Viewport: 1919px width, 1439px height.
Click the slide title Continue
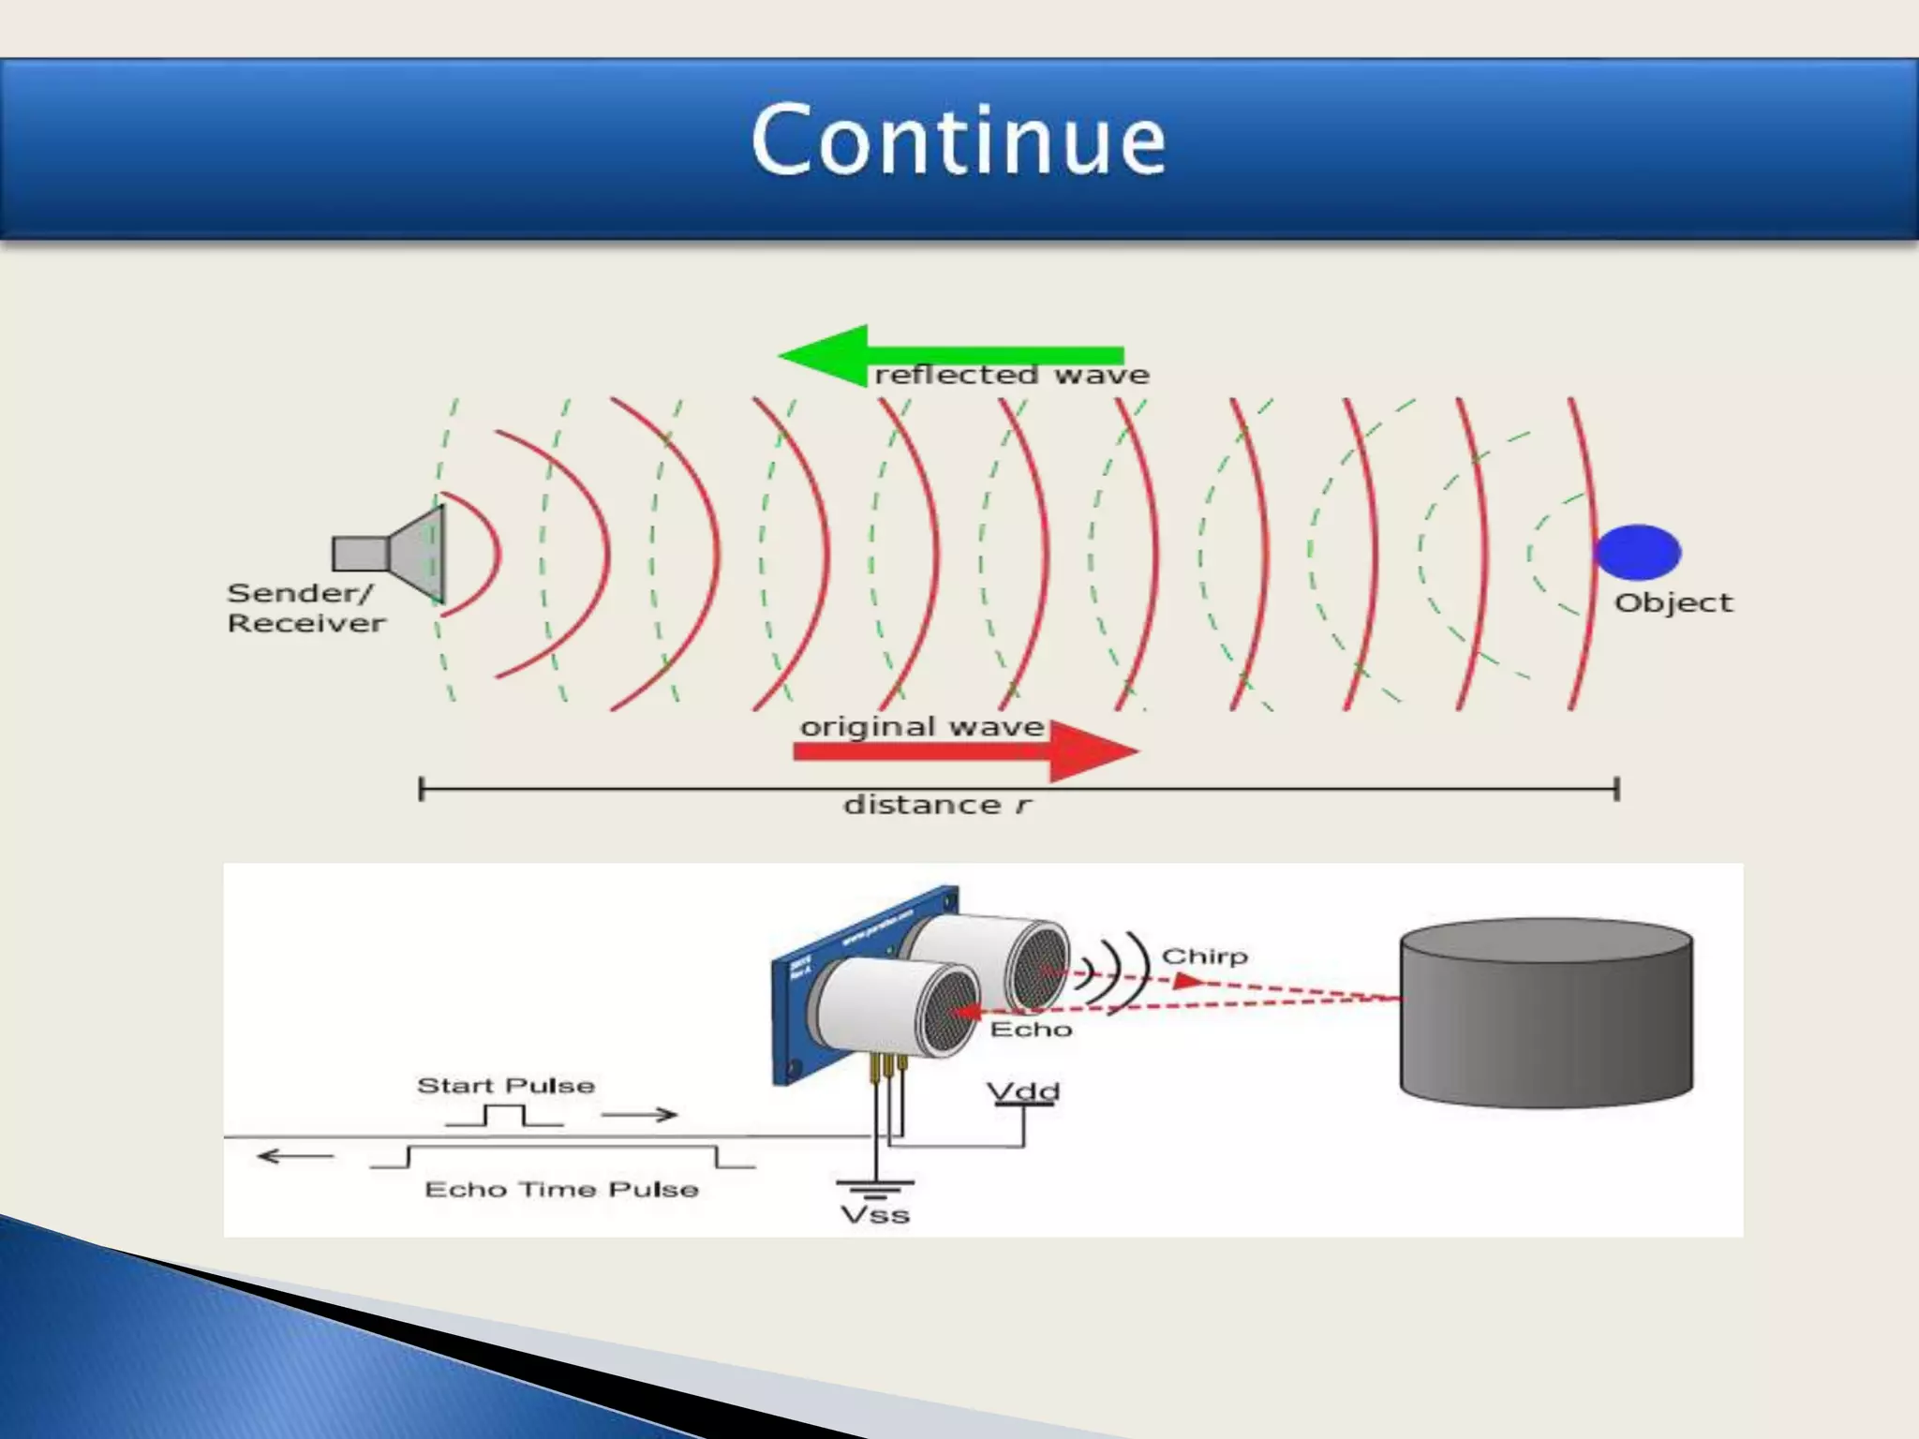(959, 141)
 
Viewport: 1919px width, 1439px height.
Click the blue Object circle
(1638, 552)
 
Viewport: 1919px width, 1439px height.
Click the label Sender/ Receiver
(305, 608)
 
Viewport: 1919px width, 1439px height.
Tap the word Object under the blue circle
(1674, 602)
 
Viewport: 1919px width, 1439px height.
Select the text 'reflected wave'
(1011, 376)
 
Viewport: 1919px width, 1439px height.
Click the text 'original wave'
(921, 727)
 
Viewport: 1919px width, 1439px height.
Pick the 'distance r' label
(937, 805)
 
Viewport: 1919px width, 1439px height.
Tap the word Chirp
(1205, 957)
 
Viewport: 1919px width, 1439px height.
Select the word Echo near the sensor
(1031, 1030)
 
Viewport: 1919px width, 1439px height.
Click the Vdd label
(1023, 1091)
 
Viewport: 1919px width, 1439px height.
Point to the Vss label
(875, 1215)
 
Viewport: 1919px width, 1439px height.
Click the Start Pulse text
(506, 1086)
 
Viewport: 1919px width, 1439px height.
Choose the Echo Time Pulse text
(561, 1190)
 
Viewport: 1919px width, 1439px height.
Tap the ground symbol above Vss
(875, 1188)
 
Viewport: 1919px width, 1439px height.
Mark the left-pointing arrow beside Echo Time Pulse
(295, 1156)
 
